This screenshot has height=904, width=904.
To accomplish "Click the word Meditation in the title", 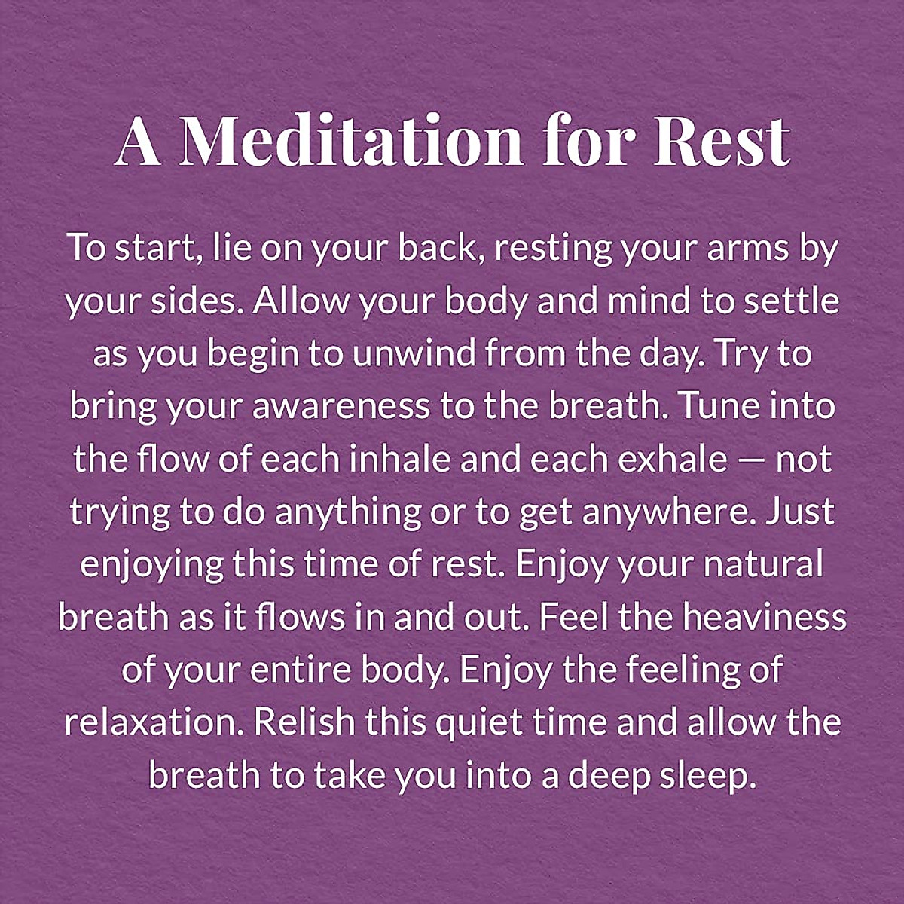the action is tap(351, 141).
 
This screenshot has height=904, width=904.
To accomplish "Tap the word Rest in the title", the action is tap(722, 141).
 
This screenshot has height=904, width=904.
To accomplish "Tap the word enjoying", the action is tap(152, 567).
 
